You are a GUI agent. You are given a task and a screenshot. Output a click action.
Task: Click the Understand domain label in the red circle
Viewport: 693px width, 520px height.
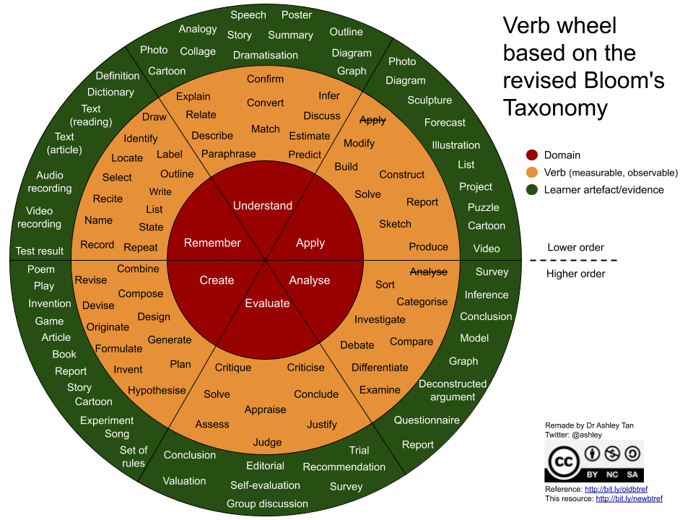[263, 206]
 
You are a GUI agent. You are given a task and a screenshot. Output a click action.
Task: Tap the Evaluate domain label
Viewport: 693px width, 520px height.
[267, 303]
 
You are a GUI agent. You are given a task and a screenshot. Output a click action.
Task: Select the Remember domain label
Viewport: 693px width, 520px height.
[212, 243]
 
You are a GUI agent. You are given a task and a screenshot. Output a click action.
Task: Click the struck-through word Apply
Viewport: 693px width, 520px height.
[372, 120]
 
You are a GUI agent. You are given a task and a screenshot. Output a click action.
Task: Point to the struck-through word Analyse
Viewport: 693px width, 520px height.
[429, 272]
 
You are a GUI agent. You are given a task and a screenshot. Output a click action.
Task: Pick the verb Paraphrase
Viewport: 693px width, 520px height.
[228, 154]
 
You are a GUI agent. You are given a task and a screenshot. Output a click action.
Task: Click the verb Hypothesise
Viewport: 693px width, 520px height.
[157, 390]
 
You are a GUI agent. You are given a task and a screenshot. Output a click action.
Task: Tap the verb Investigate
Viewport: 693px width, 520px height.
[380, 319]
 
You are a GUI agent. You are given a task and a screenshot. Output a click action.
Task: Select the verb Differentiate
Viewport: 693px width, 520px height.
[380, 367]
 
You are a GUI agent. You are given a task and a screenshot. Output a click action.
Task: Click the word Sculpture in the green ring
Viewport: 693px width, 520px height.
[430, 100]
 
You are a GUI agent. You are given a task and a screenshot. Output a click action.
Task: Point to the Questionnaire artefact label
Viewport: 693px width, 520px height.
[427, 420]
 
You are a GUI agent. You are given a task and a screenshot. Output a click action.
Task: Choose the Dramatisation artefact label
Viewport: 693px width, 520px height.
[266, 55]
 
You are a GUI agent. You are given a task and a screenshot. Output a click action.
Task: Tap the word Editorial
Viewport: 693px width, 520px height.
[265, 466]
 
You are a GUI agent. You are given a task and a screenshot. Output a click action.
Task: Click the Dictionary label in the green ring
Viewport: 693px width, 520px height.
[110, 92]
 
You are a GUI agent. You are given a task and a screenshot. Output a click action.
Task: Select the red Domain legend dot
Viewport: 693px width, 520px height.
[532, 155]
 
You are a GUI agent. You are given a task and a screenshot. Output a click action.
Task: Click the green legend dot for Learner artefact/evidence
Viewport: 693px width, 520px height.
[532, 190]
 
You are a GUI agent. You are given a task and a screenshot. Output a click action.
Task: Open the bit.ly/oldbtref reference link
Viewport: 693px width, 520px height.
[616, 489]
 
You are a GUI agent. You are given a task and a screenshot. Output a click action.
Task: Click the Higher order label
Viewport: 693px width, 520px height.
[576, 274]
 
